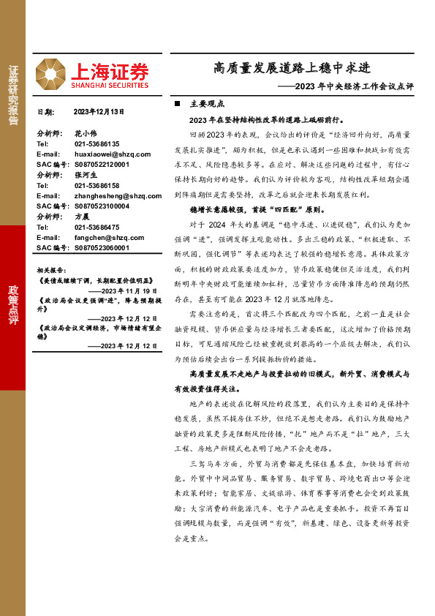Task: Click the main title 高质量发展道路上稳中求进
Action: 292,69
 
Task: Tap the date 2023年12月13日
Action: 99,112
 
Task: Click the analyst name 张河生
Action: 86,176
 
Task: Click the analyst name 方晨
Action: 82,217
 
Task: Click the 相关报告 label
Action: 50,270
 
